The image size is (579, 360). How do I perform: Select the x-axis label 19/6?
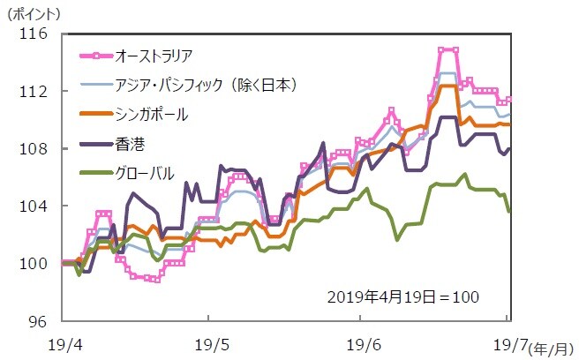(x=365, y=342)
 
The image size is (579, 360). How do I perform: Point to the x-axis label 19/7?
(x=506, y=342)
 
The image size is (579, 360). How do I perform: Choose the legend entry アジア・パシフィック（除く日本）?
(x=205, y=85)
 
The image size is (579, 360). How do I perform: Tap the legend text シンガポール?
(x=151, y=114)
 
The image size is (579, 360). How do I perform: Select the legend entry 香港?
(x=128, y=142)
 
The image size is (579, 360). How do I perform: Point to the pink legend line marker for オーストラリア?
(x=94, y=56)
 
